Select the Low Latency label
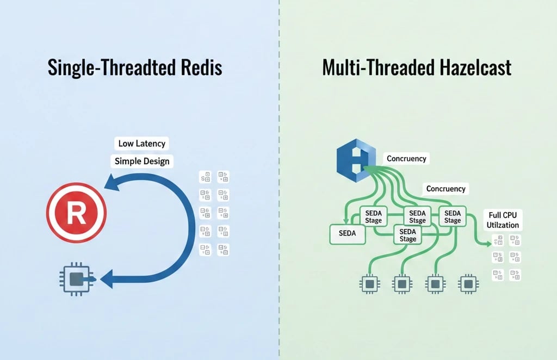click(x=141, y=144)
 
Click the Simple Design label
click(x=141, y=161)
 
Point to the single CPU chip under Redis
click(x=76, y=280)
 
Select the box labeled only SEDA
click(x=346, y=234)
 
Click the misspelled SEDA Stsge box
click(x=417, y=217)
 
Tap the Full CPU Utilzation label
click(x=503, y=219)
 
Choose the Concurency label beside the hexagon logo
click(x=406, y=159)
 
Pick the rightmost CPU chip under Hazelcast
click(x=467, y=284)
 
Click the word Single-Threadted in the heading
click(x=109, y=68)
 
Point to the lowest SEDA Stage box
click(x=407, y=235)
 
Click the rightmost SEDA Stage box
click(x=452, y=216)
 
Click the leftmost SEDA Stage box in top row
click(x=374, y=216)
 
